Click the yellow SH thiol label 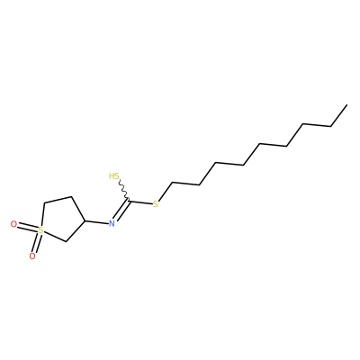point(114,175)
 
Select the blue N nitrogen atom point(112,223)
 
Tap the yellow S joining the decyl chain point(155,205)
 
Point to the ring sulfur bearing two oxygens point(40,230)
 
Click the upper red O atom point(13,224)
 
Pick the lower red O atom point(32,256)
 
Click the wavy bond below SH point(124,190)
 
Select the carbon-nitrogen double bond point(121,211)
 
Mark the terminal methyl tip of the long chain point(347,104)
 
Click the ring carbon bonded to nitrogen point(85,220)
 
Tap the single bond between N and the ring point(96,222)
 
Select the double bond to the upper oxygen point(27,227)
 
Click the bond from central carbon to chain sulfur point(140,202)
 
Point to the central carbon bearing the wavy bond point(129,201)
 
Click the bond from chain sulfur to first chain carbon point(166,192)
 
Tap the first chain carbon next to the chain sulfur point(172,182)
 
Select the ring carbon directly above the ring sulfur point(44,203)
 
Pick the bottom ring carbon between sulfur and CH point(66,241)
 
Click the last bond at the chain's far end point(339,115)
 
